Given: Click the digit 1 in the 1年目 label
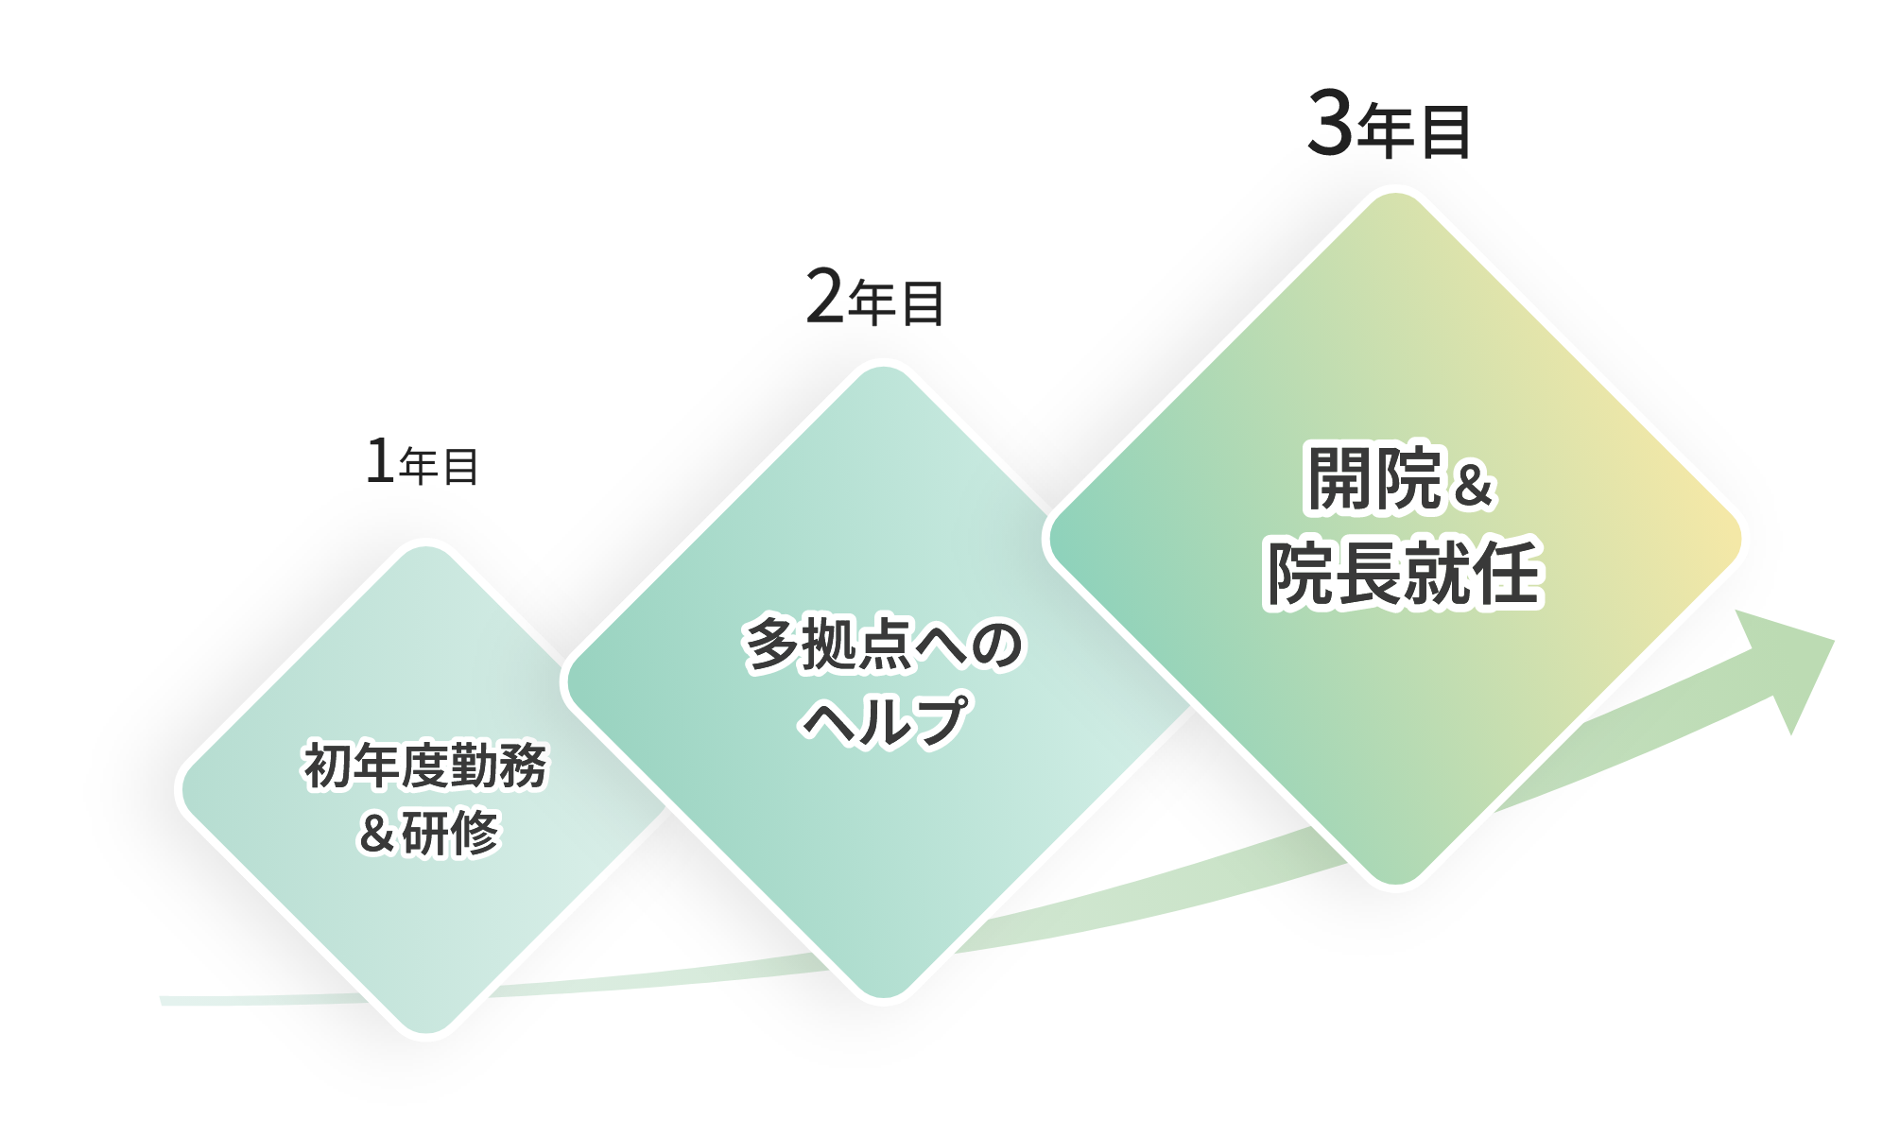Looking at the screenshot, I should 379,464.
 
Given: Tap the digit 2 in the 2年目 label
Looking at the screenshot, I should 824,301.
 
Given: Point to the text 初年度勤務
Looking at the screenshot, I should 425,767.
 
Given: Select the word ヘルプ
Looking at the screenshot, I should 885,721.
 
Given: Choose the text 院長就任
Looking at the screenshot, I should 1403,573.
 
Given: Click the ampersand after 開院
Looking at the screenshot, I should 1471,486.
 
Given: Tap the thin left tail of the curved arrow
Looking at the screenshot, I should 180,1000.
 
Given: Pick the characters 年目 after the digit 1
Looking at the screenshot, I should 439,468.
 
